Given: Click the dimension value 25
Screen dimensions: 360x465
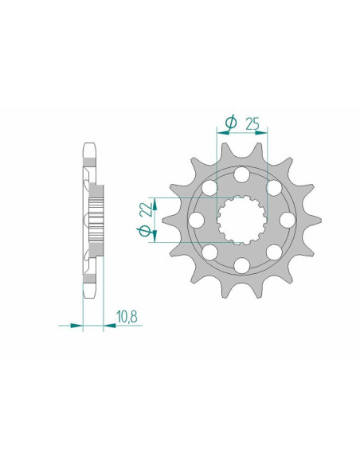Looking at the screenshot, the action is (x=252, y=123).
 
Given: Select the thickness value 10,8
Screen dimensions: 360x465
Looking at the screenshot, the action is (x=127, y=316).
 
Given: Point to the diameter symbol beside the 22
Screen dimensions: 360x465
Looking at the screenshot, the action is (x=144, y=230).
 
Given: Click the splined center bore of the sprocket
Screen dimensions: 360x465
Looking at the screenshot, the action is (x=241, y=220).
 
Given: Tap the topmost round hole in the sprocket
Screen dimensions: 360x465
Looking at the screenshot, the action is (x=241, y=174).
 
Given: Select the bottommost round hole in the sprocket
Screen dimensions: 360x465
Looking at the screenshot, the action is (x=241, y=265).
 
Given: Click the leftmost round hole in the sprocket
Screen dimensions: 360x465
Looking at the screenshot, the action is (x=196, y=220).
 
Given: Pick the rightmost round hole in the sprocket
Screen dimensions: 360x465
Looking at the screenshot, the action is (x=287, y=220).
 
